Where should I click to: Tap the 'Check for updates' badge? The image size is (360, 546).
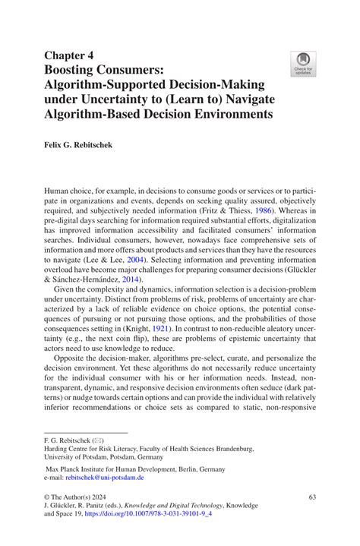point(304,64)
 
